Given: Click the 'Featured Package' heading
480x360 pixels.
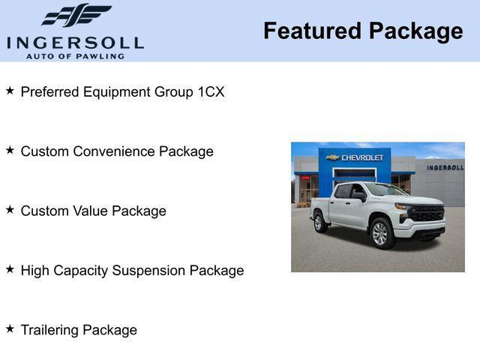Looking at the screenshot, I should coord(363,31).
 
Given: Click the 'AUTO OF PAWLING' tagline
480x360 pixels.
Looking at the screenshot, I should coord(75,55).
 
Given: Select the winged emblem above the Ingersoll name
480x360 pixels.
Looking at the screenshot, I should coord(76,15).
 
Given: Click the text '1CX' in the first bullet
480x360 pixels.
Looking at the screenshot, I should coord(211,92).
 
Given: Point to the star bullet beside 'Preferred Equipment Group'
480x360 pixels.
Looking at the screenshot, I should coord(10,91).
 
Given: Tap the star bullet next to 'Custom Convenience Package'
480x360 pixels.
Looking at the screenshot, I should coord(10,150).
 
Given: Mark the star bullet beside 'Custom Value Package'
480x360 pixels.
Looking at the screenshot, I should coord(10,210).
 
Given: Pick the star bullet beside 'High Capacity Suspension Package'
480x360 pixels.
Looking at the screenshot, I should coord(10,269).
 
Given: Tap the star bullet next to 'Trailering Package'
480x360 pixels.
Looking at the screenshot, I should coord(10,328).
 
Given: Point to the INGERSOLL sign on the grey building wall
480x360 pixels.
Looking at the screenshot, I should coord(445,167).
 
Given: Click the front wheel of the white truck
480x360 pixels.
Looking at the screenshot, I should coord(381,233).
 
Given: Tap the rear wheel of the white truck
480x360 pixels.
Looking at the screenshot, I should coord(319,222).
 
